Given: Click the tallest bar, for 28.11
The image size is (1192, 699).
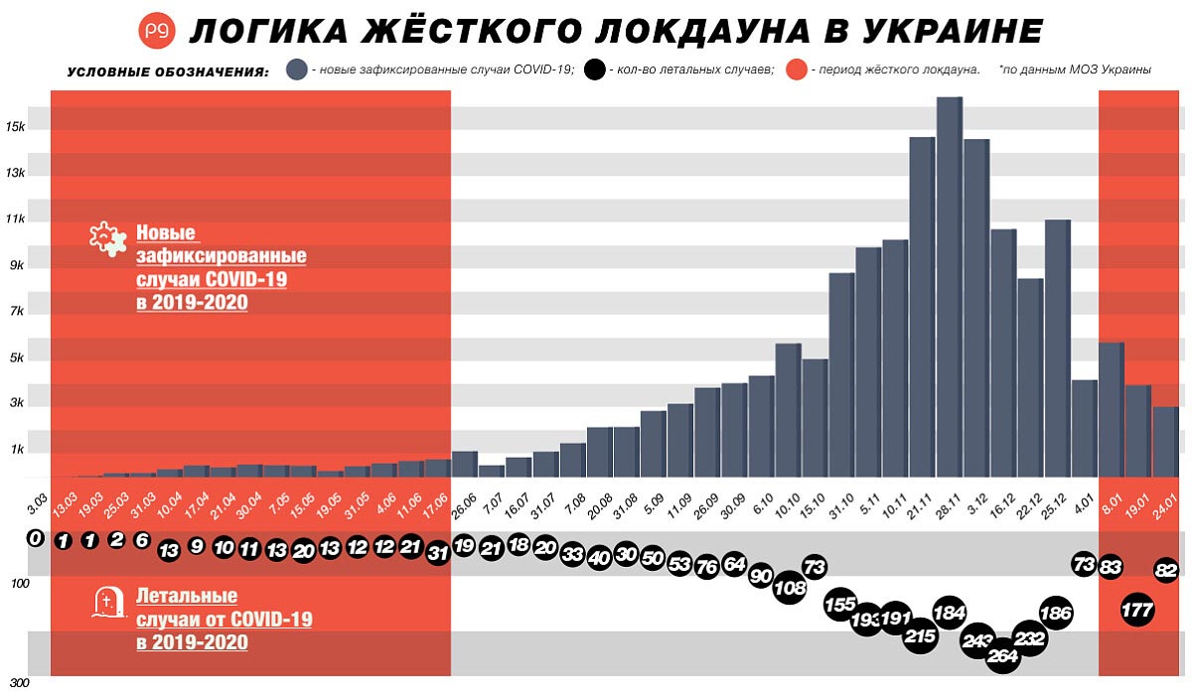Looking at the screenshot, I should coord(950,287).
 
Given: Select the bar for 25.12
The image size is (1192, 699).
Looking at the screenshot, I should coord(1057,348).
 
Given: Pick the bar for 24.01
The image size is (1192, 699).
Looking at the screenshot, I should coord(1164,442).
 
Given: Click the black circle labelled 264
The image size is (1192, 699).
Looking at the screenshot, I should coord(1003,655).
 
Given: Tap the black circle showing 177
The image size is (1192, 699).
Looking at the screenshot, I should coord(1136,610).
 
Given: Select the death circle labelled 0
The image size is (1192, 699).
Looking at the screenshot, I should coord(36,538).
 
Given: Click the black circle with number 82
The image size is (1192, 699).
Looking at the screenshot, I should coord(1167,570).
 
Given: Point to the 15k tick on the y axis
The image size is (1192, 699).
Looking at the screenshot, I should coord(15,127).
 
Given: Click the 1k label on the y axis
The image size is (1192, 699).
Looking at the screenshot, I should coord(17,450).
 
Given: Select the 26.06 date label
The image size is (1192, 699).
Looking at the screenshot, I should coord(462,502).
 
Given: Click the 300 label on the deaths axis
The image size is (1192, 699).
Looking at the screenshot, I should coord(18,684).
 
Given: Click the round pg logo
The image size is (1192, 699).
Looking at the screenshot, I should coord(157,31).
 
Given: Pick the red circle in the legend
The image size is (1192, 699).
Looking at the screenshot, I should coord(797,70).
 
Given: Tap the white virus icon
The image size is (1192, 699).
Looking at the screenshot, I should coord(107,239).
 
